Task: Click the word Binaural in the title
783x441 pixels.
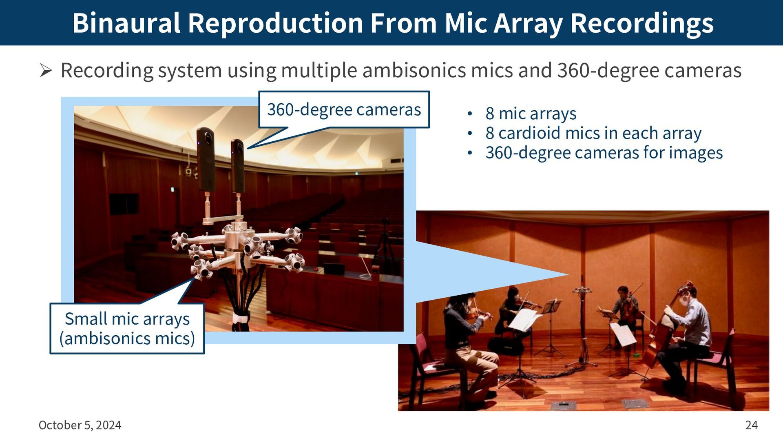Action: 126,23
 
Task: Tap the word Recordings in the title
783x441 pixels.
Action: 642,24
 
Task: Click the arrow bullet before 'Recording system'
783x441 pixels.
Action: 46,71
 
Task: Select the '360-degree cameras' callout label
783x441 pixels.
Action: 344,109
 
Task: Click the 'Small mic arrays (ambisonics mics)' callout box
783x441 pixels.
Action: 127,328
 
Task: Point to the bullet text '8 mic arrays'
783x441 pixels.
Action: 531,114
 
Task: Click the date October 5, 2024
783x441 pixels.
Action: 80,425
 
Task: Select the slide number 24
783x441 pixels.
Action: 751,425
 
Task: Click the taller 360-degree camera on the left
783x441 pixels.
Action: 206,159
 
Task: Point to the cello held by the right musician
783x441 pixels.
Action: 663,327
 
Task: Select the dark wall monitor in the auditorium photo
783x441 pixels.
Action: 124,204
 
